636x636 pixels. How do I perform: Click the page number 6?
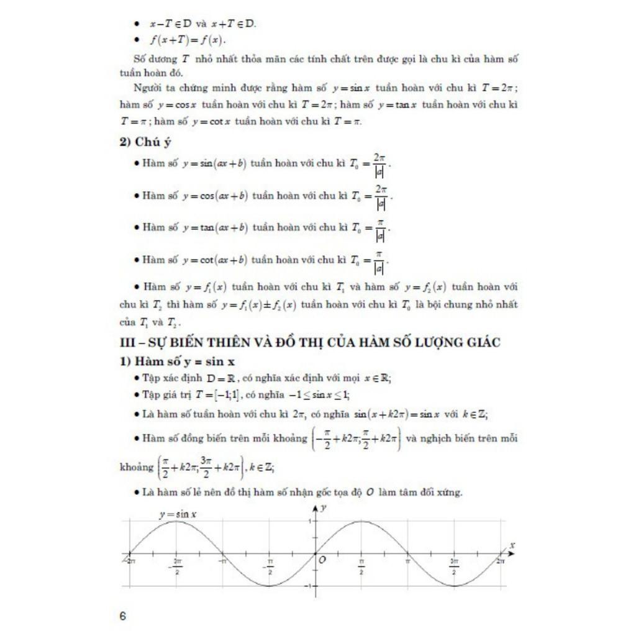coord(122,616)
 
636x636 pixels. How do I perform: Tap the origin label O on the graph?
coord(322,560)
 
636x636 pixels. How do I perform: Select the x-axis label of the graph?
coord(512,545)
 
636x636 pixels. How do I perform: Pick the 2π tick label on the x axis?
coord(501,561)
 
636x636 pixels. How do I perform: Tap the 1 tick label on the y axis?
coord(309,520)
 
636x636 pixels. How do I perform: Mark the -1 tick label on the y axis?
coord(308,586)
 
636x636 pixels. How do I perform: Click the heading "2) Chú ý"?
coord(145,142)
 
